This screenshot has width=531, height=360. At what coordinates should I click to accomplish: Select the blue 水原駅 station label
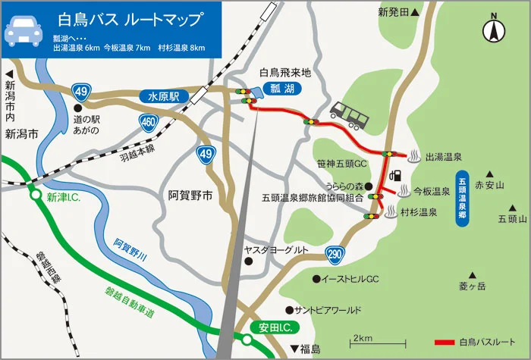coord(163,96)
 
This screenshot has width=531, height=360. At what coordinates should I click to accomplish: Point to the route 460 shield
coord(149,121)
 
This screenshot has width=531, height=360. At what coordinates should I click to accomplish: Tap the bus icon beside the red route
coord(350,114)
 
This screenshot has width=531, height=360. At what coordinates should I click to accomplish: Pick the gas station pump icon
coord(394,175)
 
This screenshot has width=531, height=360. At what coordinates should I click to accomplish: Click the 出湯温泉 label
coord(444,157)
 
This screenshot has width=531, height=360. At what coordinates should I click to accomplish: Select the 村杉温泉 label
coord(419,213)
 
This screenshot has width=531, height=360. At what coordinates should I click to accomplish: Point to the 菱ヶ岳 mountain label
coord(471,286)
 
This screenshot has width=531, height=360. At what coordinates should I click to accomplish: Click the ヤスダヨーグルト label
coord(275,250)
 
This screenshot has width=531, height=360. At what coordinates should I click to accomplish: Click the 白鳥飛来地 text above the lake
coord(285,73)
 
